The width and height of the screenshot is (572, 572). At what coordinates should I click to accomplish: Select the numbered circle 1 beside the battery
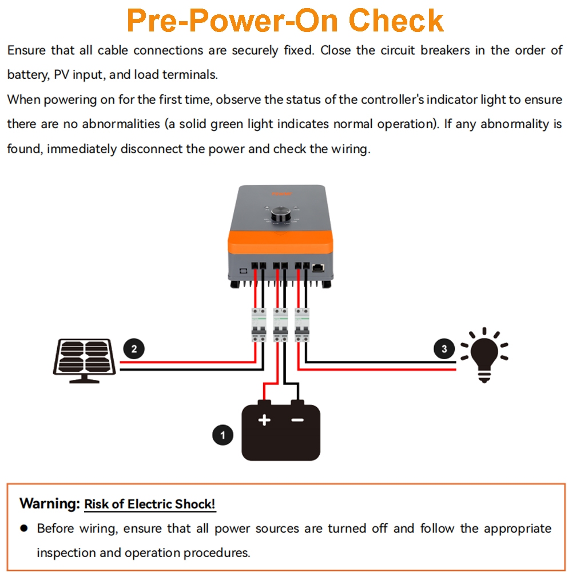223,435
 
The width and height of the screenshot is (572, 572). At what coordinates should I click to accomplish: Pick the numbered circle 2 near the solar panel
134,348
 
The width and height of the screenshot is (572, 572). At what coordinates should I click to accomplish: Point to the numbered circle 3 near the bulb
444,348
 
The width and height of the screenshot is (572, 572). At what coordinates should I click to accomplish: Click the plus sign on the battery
264,420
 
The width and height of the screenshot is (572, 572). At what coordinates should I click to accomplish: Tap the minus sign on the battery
297,420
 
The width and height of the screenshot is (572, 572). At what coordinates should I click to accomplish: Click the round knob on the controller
280,214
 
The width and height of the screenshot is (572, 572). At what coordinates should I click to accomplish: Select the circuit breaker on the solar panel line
259,325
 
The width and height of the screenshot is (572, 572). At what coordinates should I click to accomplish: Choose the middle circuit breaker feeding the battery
280,325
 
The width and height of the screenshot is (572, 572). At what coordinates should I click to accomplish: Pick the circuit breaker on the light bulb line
301,325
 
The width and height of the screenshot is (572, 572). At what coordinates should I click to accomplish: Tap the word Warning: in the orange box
49,504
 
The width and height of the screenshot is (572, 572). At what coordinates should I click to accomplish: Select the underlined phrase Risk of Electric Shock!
150,505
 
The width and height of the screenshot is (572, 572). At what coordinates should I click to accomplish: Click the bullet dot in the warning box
24,528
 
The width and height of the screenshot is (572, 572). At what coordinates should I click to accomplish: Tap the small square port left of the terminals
242,267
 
